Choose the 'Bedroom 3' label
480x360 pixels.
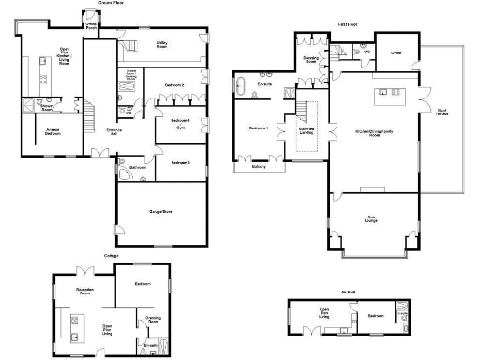click(180, 162)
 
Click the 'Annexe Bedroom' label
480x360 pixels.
click(53, 132)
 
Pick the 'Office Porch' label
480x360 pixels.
click(91, 26)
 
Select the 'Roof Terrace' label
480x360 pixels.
click(441, 112)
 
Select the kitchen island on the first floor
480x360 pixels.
click(388, 92)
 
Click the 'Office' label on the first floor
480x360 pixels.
click(397, 52)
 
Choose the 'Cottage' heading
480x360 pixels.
click(112, 254)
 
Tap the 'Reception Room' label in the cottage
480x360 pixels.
click(88, 292)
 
